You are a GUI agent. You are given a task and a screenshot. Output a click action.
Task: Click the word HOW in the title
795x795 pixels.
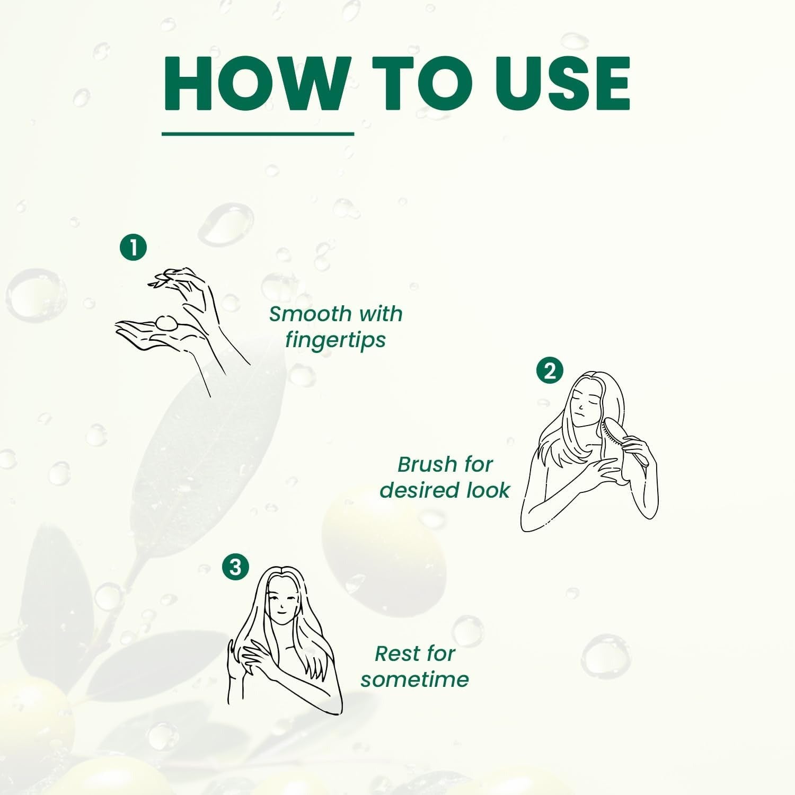click(x=256, y=84)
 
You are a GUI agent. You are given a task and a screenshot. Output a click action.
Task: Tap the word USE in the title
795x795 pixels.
click(x=562, y=84)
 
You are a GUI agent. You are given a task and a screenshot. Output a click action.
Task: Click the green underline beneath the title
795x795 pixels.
click(x=258, y=134)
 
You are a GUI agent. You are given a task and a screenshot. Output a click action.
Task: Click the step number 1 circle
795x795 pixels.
click(x=133, y=248)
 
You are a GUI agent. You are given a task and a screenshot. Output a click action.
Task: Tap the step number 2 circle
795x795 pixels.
click(x=550, y=370)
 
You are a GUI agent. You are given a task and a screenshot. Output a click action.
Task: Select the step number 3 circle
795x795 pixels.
click(x=235, y=567)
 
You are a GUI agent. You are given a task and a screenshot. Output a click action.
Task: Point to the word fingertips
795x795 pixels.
click(x=335, y=340)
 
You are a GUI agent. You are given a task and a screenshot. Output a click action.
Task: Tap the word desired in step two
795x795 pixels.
click(x=419, y=490)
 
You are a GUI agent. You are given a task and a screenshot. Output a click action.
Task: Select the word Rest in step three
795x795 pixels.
click(x=396, y=653)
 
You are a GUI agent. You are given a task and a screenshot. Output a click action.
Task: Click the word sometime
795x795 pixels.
click(x=414, y=679)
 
